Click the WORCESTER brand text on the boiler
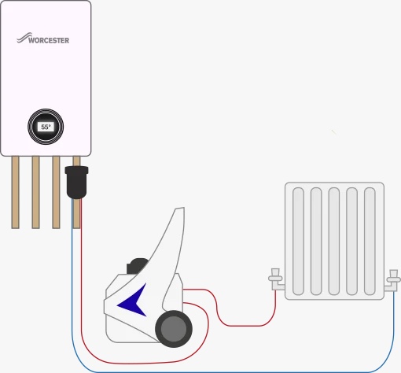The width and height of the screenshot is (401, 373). coord(49,40)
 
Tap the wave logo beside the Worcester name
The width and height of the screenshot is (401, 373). coord(24,38)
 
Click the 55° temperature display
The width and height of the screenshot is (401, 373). coord(46,127)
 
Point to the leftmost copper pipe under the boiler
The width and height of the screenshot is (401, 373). coord(16,192)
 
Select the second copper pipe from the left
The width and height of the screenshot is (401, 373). coord(35,192)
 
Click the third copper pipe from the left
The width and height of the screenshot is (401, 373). coord(56,192)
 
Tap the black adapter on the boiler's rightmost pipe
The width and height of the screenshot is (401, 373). coord(76,182)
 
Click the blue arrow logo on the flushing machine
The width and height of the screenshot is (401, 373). coord(132,301)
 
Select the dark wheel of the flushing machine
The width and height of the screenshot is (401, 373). coord(174,329)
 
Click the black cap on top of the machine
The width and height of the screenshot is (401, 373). coord(136,265)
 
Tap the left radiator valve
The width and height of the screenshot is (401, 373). coord(276,279)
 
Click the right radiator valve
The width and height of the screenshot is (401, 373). coord(392,281)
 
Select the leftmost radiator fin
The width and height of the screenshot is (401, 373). coord(298,242)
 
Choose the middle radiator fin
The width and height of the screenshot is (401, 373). coord(334,242)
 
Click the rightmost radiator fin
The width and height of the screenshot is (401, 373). coord(370,242)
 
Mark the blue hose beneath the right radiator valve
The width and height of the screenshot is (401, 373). coord(393,331)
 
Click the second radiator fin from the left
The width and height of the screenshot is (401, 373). coord(316,242)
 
